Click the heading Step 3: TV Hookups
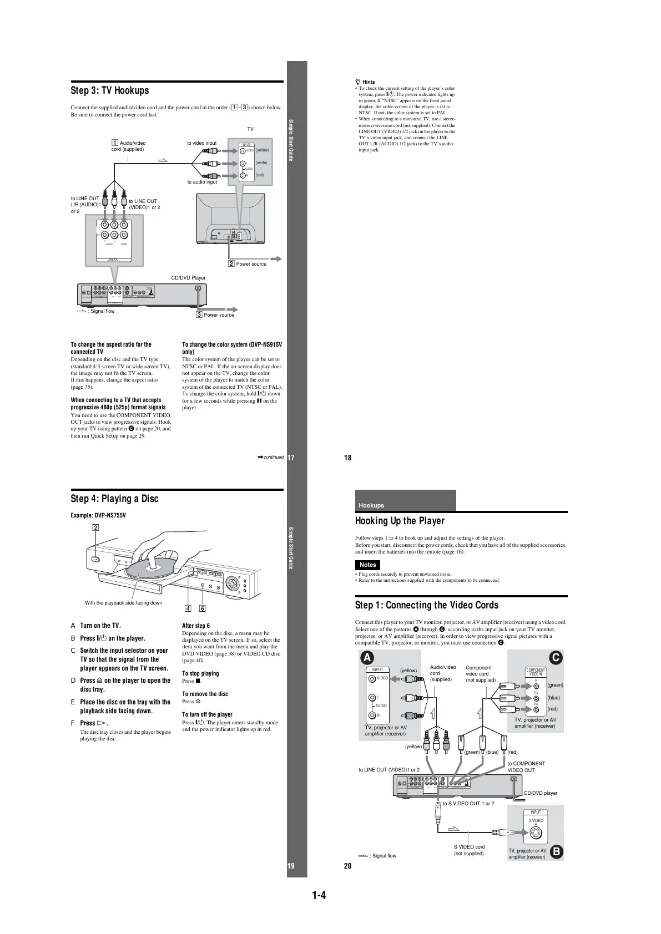coord(110,90)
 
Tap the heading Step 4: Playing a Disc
coord(114,499)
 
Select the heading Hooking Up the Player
coord(400,521)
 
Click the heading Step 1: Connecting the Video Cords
coord(426,605)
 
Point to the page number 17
coord(290,458)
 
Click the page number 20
coord(348,866)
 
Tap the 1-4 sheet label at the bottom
coord(319,895)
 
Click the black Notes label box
coord(367,565)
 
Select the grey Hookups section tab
coord(405,501)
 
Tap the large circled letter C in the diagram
coord(556,658)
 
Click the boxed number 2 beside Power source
coord(231,263)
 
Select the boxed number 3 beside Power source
coord(199,314)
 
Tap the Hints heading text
coord(368,82)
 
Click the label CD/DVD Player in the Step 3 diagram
coord(188,278)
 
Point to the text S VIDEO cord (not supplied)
coord(469,850)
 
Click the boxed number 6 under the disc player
coord(202,608)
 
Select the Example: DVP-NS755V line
coord(98,515)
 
